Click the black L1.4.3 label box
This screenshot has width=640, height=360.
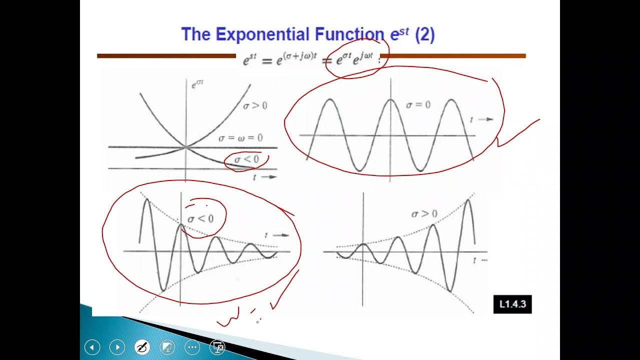512,304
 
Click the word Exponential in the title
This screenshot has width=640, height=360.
263,34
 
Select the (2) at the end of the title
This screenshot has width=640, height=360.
424,34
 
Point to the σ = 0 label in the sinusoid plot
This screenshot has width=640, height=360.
418,105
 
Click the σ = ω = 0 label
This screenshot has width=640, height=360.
240,138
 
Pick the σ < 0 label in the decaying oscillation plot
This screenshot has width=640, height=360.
200,218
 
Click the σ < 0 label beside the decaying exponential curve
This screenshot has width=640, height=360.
247,159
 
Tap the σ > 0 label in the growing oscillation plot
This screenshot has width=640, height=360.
424,214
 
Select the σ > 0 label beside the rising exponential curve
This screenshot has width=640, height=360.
255,105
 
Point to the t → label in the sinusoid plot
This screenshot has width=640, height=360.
481,119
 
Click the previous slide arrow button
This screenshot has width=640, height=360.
92,347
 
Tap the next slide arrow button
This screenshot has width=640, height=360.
117,347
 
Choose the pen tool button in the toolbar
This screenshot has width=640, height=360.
142,347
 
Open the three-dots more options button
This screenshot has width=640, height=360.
192,347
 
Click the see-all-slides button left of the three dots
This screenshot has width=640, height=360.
167,347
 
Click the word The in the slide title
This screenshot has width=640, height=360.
196,34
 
